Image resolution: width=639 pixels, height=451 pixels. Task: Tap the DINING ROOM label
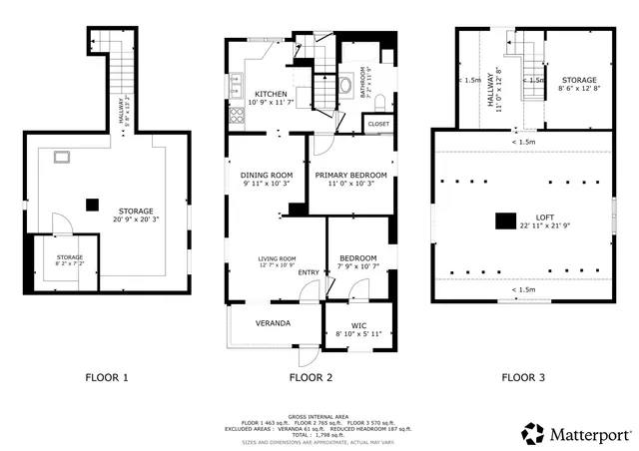(266, 175)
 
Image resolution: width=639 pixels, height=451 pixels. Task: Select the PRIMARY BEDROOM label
(350, 175)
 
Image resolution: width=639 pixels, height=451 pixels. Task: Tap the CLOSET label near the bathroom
(378, 124)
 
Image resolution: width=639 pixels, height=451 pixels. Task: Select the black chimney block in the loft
(507, 221)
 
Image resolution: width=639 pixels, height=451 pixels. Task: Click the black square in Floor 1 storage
(92, 205)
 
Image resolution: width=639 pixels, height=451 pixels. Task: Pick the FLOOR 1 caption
(106, 378)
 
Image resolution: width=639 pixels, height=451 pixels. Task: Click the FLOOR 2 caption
(311, 378)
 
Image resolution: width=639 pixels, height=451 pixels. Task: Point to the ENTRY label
(309, 272)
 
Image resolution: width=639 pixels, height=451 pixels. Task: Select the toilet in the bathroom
(344, 86)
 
